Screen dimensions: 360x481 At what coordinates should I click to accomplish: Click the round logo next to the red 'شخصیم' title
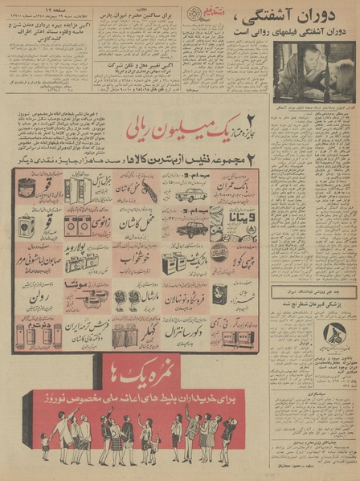tap(194, 13)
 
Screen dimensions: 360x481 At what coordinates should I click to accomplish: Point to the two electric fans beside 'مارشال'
tap(129, 303)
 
